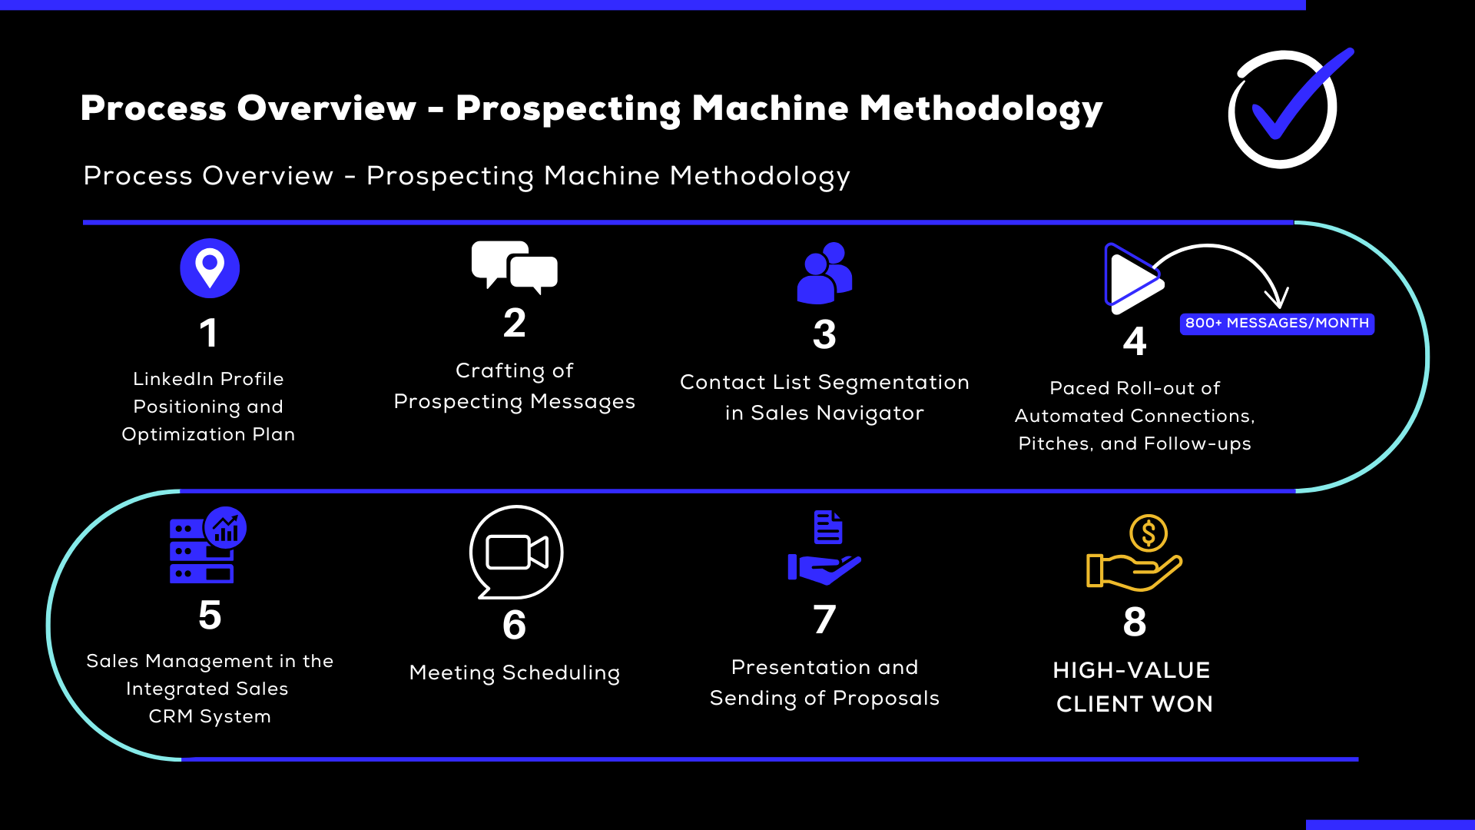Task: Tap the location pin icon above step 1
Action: (x=210, y=268)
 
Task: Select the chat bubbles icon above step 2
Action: (x=514, y=267)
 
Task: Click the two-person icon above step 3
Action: (x=824, y=273)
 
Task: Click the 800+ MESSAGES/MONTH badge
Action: (x=1277, y=324)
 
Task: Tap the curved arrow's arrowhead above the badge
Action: (x=1278, y=298)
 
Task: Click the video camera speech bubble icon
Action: (x=516, y=552)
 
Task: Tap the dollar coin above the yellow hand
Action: (x=1149, y=533)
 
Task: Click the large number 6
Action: (x=514, y=625)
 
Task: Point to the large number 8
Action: (x=1135, y=622)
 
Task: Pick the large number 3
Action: (x=824, y=334)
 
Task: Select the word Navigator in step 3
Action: (x=870, y=413)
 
